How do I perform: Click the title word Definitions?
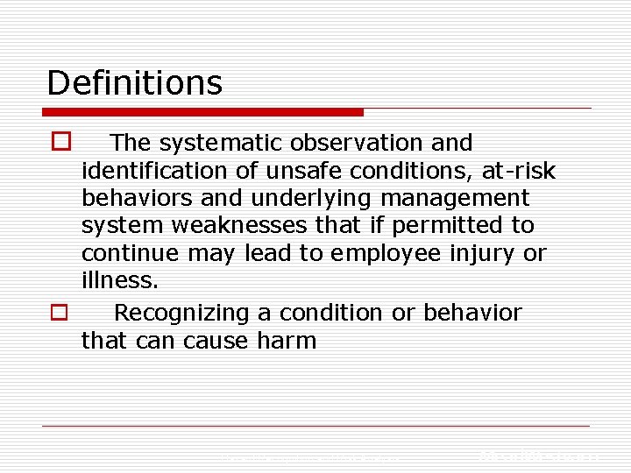[134, 83]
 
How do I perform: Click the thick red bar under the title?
[202, 112]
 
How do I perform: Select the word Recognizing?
[188, 313]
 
